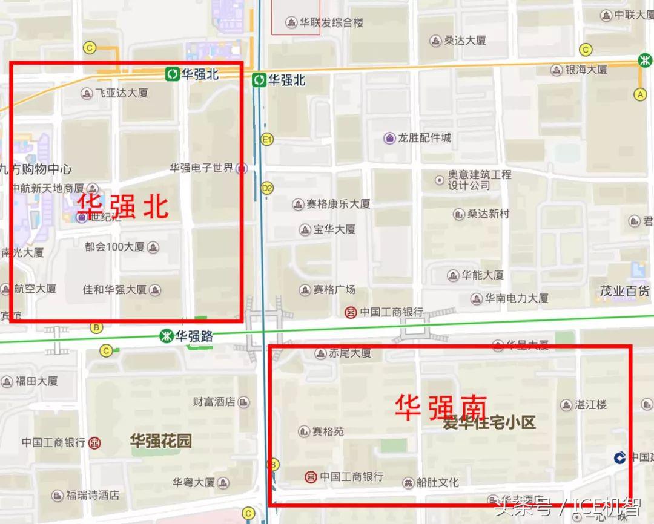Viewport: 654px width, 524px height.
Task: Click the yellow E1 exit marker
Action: (x=267, y=140)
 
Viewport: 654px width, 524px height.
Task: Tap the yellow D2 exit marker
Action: (x=267, y=188)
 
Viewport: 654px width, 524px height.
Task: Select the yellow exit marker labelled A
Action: (x=640, y=94)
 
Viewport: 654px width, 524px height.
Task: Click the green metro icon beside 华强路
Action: (x=165, y=336)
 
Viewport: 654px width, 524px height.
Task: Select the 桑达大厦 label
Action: (x=465, y=41)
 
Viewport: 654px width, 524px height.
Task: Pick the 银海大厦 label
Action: (x=586, y=70)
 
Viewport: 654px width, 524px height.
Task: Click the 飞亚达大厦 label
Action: (x=121, y=93)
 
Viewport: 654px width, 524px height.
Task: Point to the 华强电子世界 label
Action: (x=201, y=168)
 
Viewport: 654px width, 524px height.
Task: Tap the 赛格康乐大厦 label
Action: (x=338, y=205)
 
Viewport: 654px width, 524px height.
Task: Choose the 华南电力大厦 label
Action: (x=517, y=298)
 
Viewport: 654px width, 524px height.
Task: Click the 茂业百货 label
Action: (x=624, y=291)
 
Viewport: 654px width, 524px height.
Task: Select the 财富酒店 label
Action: (x=214, y=402)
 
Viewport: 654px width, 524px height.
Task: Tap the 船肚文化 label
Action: (x=438, y=483)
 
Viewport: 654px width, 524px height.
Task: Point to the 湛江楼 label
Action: (x=591, y=405)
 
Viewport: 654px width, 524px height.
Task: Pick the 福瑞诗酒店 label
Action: (x=93, y=496)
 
